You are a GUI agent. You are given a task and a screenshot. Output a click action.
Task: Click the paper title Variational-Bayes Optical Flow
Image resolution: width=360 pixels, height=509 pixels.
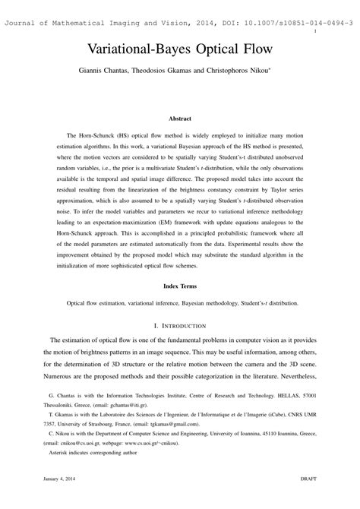point(179,52)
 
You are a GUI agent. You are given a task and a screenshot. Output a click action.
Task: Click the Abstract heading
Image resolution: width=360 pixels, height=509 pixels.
point(179,119)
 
